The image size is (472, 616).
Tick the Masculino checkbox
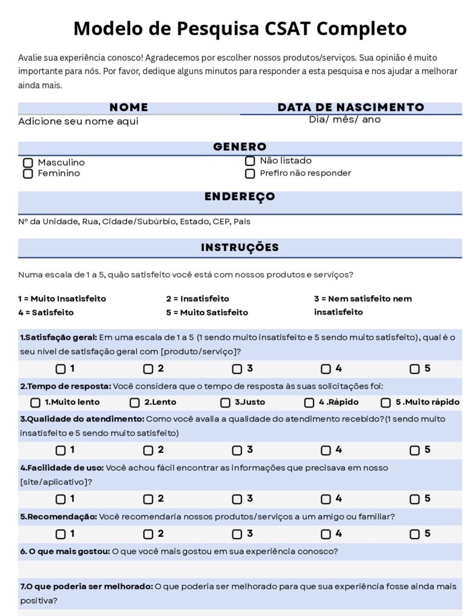point(28,163)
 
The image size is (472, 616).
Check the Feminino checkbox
point(28,174)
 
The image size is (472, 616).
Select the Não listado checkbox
point(250,161)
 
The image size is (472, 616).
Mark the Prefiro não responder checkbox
point(250,174)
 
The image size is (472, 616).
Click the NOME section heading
point(129,108)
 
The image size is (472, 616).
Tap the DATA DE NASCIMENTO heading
point(351,108)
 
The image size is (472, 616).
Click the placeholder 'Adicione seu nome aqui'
point(78,122)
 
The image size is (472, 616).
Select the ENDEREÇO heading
point(240,197)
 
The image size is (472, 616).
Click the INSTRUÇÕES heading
point(240,247)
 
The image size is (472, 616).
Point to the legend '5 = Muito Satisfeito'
point(206,312)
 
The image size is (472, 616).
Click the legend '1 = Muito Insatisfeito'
point(62,298)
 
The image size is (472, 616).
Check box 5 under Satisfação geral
point(415,369)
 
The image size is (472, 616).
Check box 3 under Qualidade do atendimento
point(237,451)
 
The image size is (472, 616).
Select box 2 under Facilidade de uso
point(148,499)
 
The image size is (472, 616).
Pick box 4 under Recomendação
point(326,534)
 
